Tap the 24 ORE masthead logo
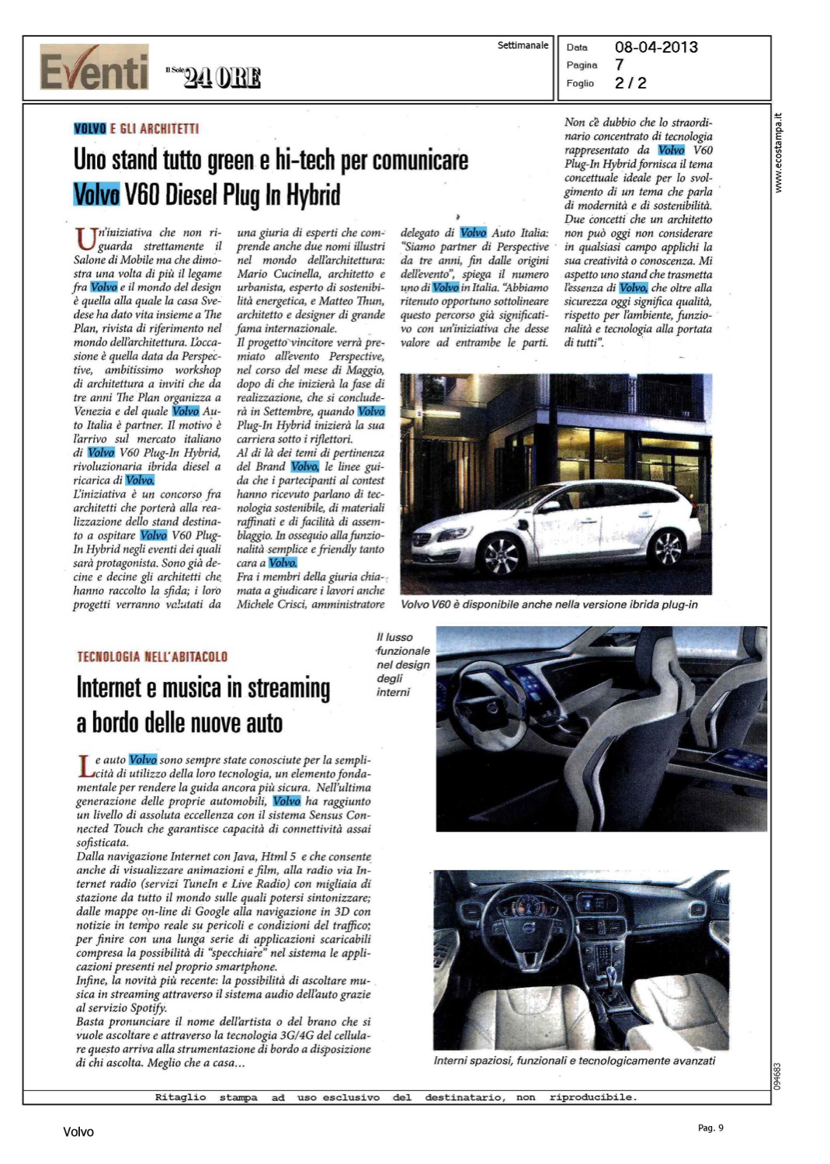click(x=221, y=78)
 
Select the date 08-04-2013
click(x=656, y=47)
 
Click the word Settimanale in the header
click(x=523, y=46)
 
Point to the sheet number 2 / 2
click(x=630, y=83)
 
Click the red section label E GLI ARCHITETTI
click(x=155, y=129)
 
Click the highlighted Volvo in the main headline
click(x=96, y=194)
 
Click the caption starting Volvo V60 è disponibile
click(x=549, y=605)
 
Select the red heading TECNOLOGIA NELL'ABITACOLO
click(x=152, y=656)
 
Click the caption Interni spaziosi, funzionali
click(x=574, y=1061)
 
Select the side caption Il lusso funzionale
click(x=402, y=664)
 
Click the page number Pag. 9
click(x=710, y=1128)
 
